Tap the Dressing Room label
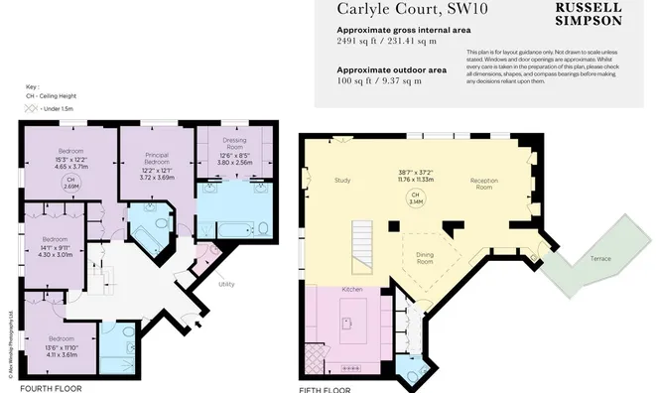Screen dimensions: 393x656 tap(234, 145)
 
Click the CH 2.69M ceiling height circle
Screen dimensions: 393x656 tap(70, 184)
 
